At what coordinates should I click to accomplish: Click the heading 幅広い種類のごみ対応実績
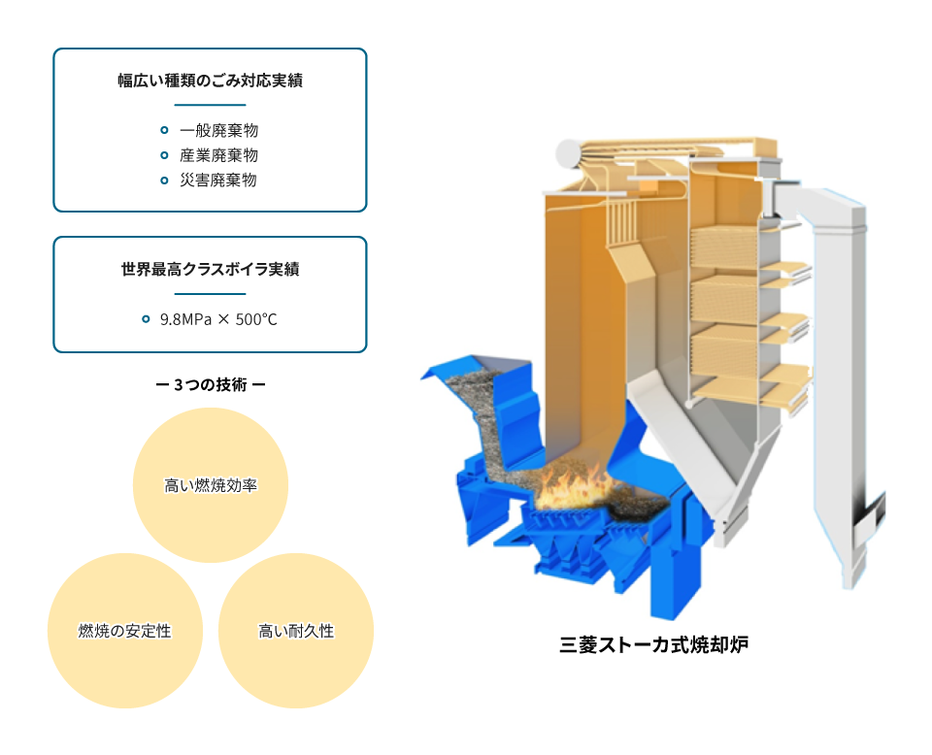210,81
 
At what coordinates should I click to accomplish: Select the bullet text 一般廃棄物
218,130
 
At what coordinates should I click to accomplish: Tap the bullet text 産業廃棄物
218,155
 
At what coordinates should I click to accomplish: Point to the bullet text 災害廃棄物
218,180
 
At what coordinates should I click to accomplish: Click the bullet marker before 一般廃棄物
165,130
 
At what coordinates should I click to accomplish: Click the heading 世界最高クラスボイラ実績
210,269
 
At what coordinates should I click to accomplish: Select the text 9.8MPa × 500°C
218,319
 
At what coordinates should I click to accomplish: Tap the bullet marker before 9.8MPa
146,319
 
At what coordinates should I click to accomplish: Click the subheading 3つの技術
211,385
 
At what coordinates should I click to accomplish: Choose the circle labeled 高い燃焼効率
211,484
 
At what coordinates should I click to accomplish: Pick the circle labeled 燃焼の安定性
125,630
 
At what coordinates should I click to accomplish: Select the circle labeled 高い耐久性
296,630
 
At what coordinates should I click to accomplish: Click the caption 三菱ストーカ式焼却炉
653,644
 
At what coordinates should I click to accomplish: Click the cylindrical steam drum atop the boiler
570,152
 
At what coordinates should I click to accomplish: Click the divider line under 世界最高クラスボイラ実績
210,293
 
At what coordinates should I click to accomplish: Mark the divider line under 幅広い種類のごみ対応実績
210,105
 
